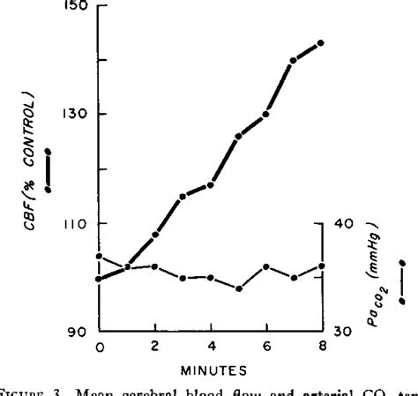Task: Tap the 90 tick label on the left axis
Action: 78,332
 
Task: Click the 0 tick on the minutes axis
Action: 99,347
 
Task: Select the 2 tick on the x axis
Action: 154,347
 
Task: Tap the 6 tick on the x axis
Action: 265,347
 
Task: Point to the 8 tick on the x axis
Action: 321,347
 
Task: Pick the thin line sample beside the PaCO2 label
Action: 401,281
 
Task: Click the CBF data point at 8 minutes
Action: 321,42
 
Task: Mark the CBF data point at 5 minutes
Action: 238,136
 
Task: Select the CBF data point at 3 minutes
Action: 183,196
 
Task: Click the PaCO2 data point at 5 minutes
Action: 238,288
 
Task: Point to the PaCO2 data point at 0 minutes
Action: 99,257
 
